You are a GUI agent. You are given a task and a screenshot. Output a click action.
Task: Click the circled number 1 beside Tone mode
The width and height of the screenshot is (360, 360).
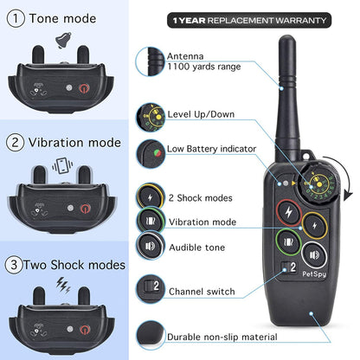click(14, 17)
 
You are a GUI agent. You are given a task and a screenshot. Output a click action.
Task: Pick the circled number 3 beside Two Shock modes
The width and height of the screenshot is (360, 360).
click(14, 264)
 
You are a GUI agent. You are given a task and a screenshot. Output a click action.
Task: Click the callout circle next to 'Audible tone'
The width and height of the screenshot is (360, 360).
click(149, 246)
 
